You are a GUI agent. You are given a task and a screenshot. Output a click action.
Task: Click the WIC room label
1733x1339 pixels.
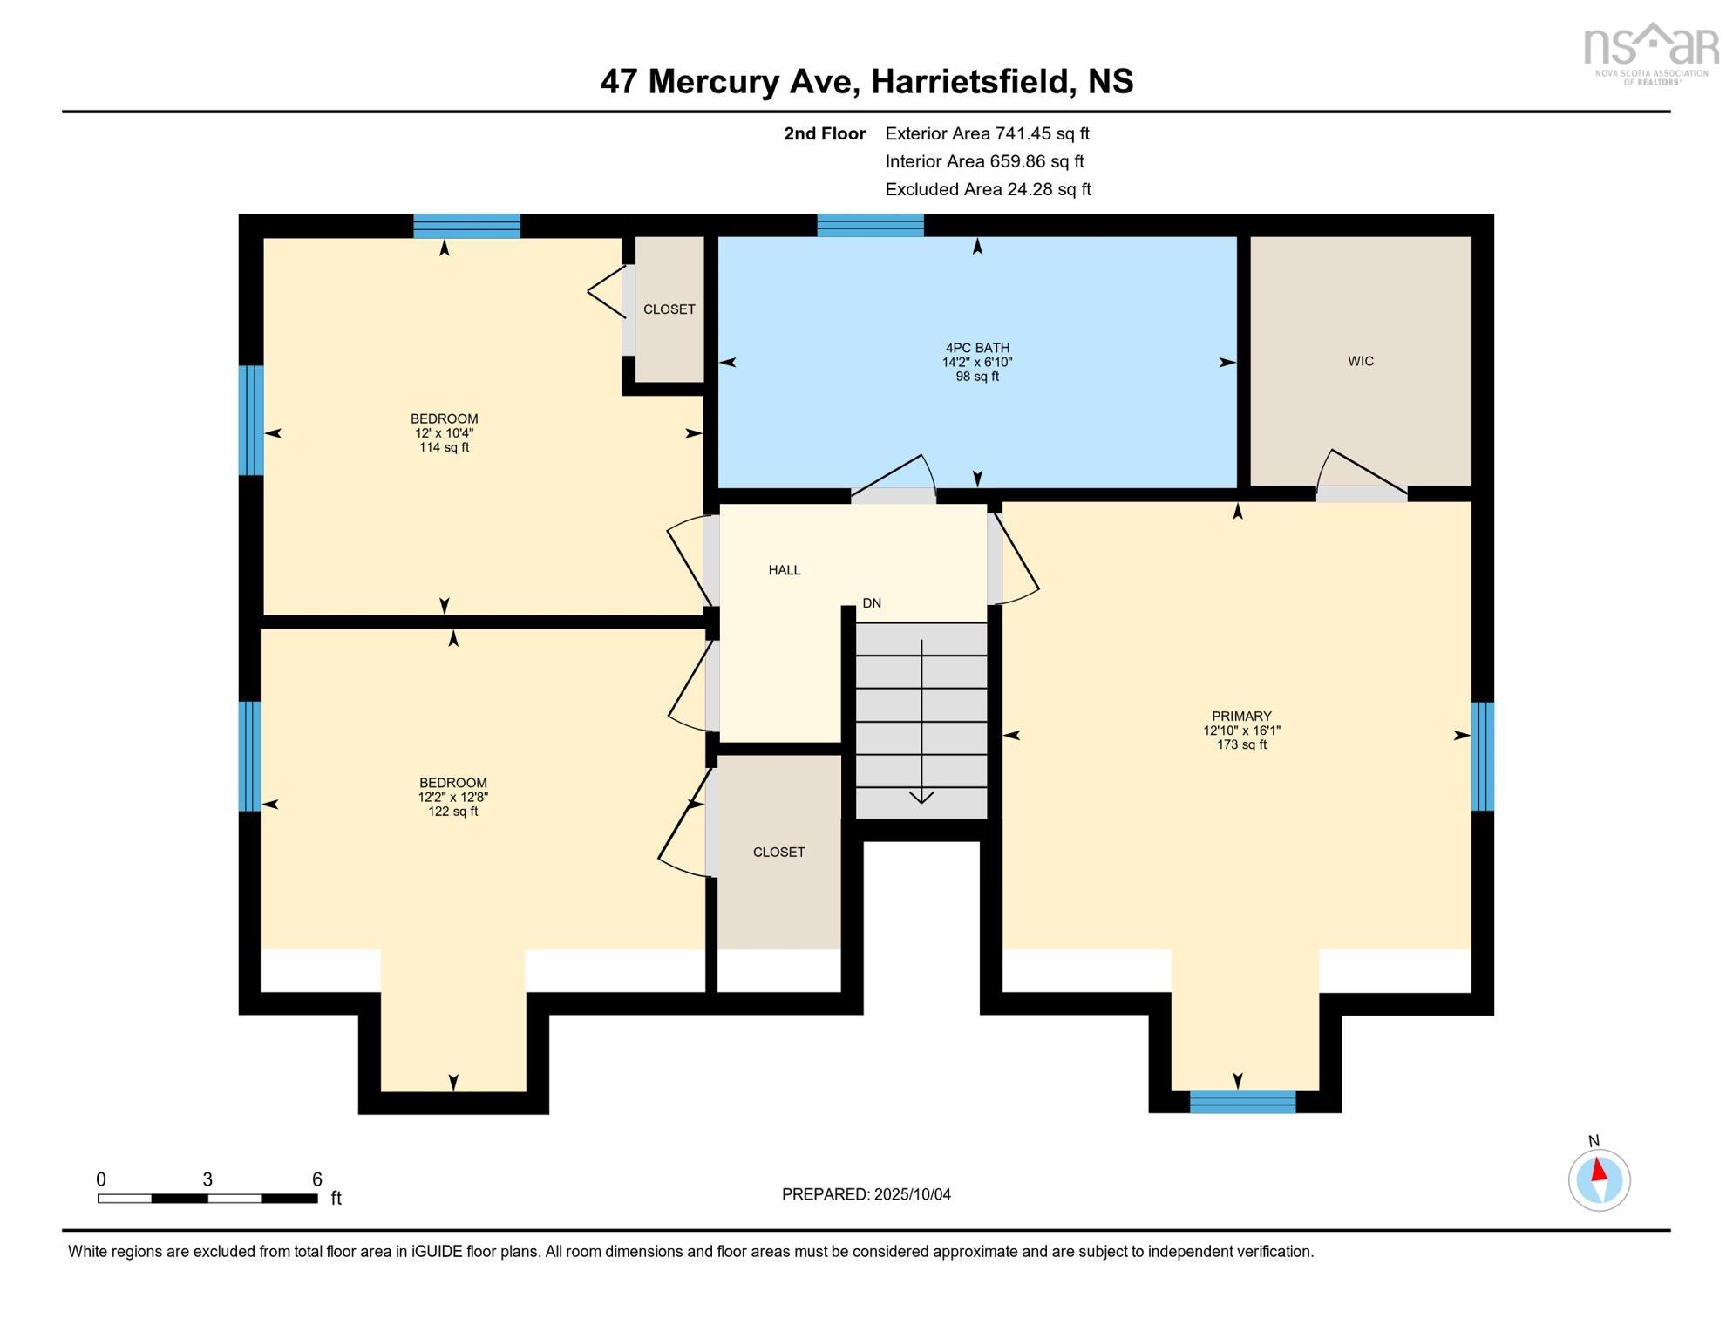tap(1360, 361)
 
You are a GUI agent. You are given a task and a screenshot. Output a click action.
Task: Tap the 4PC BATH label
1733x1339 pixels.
tap(976, 348)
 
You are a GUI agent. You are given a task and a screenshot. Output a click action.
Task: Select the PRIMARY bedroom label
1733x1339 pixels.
tap(1241, 717)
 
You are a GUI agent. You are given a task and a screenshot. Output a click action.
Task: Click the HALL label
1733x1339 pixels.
tap(784, 570)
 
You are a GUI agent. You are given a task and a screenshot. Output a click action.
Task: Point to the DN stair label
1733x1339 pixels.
tap(872, 603)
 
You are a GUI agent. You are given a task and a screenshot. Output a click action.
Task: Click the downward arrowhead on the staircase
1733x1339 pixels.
tap(921, 797)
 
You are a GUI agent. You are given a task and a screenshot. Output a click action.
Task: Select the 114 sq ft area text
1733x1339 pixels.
tap(444, 448)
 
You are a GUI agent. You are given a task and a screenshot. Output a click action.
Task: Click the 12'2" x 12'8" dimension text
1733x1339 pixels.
tap(452, 798)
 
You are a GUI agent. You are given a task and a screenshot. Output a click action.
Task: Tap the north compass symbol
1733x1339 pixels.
tap(1599, 1180)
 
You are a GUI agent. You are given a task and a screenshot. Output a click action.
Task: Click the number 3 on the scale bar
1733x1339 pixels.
tap(207, 1179)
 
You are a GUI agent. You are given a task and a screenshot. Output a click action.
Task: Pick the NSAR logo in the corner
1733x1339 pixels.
tap(1650, 52)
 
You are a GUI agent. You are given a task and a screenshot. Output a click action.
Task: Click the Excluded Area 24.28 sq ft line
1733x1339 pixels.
tap(987, 189)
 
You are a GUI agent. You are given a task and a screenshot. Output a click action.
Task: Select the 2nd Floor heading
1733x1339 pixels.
tap(824, 133)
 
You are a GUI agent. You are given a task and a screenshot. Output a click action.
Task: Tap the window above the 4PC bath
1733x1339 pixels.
tap(870, 226)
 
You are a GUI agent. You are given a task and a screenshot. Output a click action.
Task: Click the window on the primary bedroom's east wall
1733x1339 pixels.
tap(1482, 757)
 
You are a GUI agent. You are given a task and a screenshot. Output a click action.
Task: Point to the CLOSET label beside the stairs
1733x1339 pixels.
tap(778, 853)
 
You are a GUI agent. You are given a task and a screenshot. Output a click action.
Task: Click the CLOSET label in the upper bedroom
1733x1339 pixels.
tap(669, 309)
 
